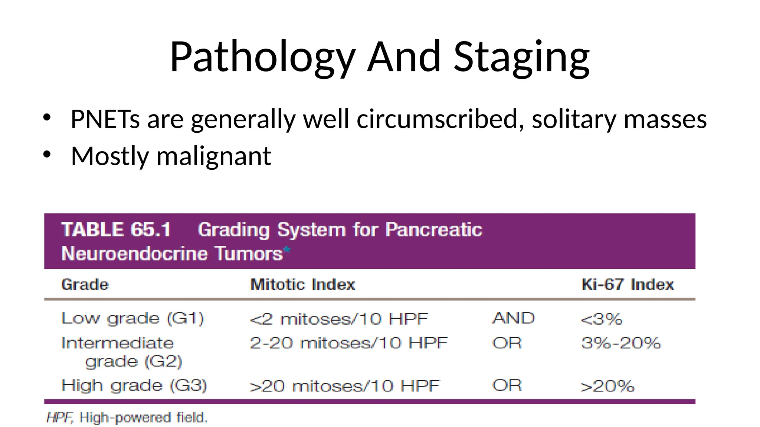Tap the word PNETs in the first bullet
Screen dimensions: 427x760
click(105, 119)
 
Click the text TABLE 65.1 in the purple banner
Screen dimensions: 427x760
click(116, 229)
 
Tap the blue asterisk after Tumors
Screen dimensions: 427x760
click(287, 251)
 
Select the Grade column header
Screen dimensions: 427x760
click(85, 285)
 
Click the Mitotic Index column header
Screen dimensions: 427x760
click(303, 285)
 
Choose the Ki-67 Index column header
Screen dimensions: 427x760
click(628, 285)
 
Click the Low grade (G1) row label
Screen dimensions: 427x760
click(132, 318)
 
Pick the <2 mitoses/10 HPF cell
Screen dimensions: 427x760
click(339, 319)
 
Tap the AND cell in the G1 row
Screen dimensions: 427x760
click(514, 318)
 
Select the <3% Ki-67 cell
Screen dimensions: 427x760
click(601, 319)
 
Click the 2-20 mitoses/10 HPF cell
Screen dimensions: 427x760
click(349, 343)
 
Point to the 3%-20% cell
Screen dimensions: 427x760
click(621, 343)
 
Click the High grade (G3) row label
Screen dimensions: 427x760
click(134, 385)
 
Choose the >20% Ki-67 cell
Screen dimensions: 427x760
click(607, 386)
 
